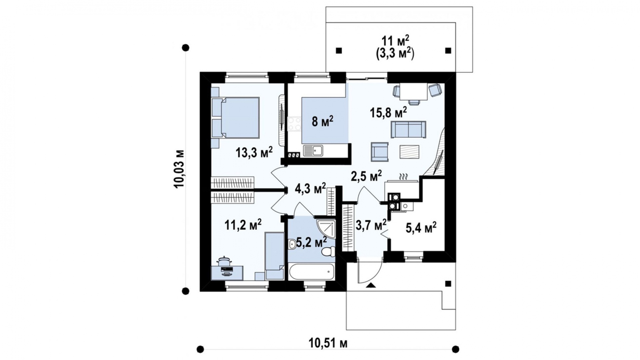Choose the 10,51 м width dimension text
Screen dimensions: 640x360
328,343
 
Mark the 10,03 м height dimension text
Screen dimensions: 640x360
179,169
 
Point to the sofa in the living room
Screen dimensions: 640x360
408,129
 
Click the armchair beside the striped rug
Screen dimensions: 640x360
380,152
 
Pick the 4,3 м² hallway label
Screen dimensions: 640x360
310,189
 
